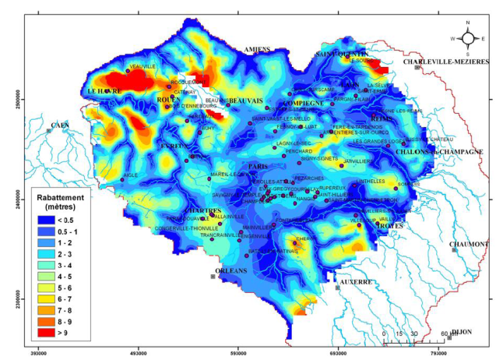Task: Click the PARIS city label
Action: pos(258,167)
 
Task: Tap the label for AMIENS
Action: pos(257,49)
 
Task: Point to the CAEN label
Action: pos(60,125)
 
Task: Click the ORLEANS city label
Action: pos(230,270)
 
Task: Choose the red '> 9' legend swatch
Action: pos(44,333)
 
